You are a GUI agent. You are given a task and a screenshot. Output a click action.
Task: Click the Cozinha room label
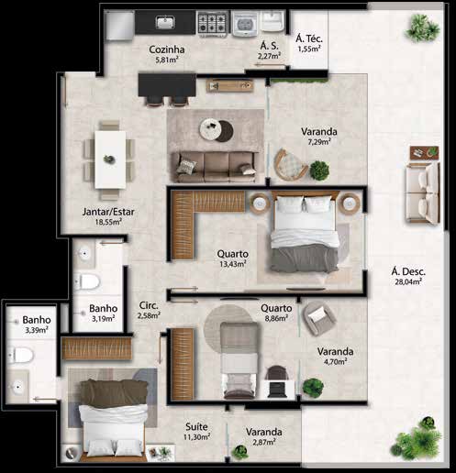(x=167, y=49)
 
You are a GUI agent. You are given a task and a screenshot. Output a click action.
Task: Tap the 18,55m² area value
(x=108, y=222)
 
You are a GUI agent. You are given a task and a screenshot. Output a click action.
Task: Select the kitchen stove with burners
(x=213, y=22)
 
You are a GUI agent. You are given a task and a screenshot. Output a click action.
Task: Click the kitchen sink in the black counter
(x=165, y=22)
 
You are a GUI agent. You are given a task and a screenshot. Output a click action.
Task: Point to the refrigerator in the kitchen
(x=119, y=25)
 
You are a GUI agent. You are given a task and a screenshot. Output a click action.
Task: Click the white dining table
(x=110, y=159)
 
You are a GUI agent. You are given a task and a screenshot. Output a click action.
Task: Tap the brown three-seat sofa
(x=215, y=167)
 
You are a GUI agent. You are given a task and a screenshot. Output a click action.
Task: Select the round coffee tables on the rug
(x=216, y=130)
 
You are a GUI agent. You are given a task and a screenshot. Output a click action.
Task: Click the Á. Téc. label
(x=309, y=38)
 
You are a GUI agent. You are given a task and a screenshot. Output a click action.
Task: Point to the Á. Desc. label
(x=408, y=271)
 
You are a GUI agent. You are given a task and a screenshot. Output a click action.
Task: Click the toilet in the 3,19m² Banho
(x=87, y=281)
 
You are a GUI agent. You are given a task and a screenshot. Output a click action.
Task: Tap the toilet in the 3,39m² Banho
(x=20, y=355)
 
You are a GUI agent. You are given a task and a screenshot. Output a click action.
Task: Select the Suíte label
(x=196, y=426)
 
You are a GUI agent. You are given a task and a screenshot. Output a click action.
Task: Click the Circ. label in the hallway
(x=149, y=305)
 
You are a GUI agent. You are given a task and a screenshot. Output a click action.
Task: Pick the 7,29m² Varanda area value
(x=318, y=141)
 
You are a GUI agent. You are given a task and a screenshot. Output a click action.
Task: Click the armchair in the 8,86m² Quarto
(x=319, y=317)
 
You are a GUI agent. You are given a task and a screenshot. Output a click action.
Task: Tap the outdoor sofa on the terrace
(x=423, y=192)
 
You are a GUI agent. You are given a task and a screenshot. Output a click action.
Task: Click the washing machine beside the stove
(x=245, y=23)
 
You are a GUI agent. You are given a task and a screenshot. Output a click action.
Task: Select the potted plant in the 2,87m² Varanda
(x=239, y=453)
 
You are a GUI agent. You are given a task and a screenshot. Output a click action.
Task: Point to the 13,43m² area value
(x=233, y=264)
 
